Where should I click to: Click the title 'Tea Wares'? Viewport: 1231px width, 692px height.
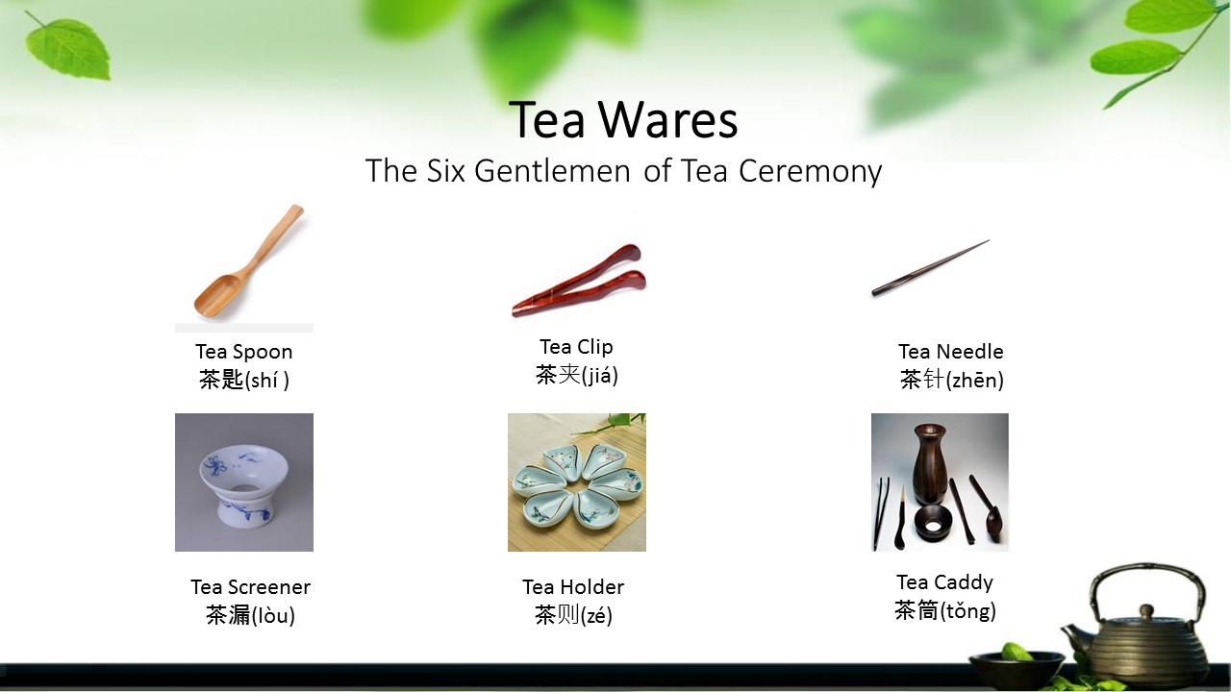623,120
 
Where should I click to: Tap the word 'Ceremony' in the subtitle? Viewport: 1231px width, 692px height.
810,171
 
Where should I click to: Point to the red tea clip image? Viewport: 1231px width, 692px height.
578,280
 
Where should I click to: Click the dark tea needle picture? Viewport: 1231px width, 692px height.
930,268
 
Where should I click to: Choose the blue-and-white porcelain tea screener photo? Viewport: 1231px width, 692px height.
244,482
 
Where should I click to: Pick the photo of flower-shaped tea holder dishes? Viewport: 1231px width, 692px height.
577,482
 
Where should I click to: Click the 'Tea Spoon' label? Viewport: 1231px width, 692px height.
244,352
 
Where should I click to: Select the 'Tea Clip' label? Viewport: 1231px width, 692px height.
576,347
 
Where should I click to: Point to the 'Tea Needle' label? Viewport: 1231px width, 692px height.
950,352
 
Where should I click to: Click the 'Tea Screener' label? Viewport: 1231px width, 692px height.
250,587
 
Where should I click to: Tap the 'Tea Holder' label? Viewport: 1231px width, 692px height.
573,587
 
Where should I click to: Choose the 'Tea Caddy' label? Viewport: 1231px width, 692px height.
944,582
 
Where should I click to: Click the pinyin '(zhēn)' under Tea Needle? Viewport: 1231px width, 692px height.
975,381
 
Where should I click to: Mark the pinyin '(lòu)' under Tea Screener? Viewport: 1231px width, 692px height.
273,616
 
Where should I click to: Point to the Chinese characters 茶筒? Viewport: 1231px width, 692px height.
916,611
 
